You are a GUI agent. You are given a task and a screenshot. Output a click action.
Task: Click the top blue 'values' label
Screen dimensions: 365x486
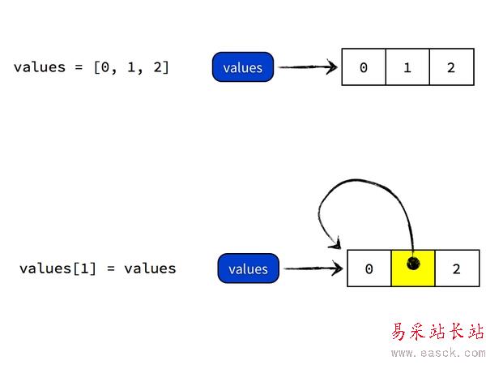[x=243, y=67]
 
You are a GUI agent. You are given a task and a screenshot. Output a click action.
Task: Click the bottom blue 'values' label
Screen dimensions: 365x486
[x=248, y=268]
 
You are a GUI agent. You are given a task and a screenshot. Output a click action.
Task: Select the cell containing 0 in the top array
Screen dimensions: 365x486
[x=363, y=67]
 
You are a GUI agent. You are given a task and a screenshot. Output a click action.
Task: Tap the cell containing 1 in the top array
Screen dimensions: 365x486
[x=407, y=67]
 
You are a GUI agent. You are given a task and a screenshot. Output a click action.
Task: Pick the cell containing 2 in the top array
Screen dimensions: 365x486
[x=450, y=67]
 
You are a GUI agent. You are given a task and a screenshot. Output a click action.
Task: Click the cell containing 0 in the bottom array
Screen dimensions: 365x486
[x=369, y=268]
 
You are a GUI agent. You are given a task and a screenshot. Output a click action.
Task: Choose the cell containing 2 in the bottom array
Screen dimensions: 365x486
[x=456, y=268]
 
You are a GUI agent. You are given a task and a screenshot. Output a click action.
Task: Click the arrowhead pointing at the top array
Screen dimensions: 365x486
[x=332, y=67]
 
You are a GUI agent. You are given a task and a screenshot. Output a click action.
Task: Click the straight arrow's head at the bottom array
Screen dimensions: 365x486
[x=338, y=268]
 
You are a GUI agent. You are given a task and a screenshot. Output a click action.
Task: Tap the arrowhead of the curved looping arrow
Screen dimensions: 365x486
[x=334, y=243]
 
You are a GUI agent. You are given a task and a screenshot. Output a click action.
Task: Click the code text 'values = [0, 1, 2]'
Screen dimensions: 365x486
[x=92, y=67]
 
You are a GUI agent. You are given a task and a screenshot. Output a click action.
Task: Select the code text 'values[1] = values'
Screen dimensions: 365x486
[x=97, y=268]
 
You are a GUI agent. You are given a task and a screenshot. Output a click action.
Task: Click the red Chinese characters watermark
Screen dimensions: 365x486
[x=438, y=333]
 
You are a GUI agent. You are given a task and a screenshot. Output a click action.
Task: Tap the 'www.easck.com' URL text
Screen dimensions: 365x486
[x=438, y=353]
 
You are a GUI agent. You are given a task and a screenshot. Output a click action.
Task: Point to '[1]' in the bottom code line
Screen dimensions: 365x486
[x=83, y=268]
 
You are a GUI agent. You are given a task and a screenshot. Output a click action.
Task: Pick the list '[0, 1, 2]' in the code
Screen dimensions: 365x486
[x=131, y=67]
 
